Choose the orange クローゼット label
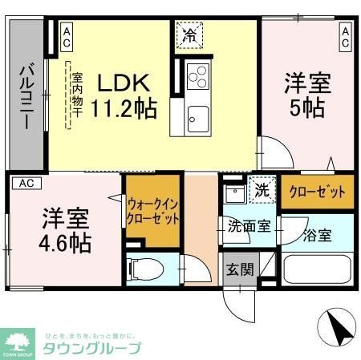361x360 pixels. click(x=317, y=192)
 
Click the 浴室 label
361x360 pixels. click(x=317, y=236)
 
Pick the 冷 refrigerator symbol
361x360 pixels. click(x=190, y=36)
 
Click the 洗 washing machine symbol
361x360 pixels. click(x=261, y=192)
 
